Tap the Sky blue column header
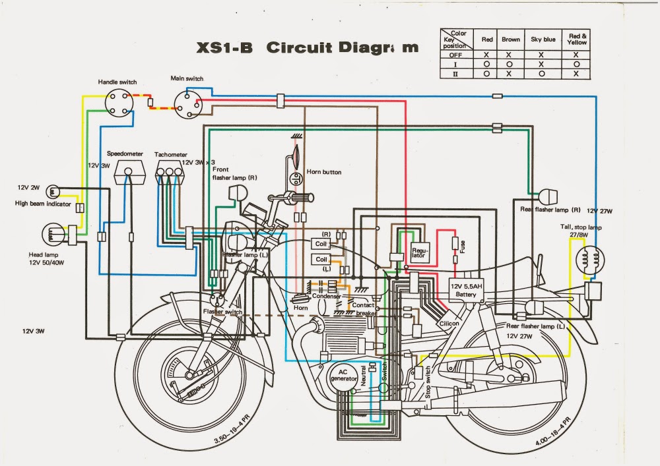[543, 40]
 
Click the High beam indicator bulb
[54, 192]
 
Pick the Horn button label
[323, 172]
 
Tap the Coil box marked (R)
[321, 244]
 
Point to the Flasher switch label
[222, 311]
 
